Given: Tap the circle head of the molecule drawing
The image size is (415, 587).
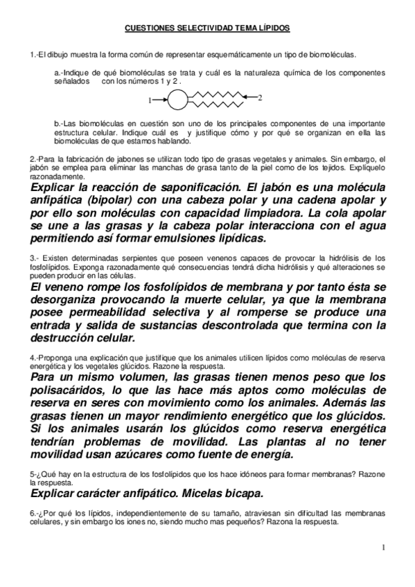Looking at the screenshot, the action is click(x=177, y=99).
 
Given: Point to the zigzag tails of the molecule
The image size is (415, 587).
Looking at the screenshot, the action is click(x=215, y=99).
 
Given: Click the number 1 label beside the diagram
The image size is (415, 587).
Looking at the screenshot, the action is click(x=149, y=100).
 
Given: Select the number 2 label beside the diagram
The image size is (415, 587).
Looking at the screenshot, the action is click(x=260, y=99).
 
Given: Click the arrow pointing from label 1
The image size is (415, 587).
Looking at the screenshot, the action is click(x=159, y=100).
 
